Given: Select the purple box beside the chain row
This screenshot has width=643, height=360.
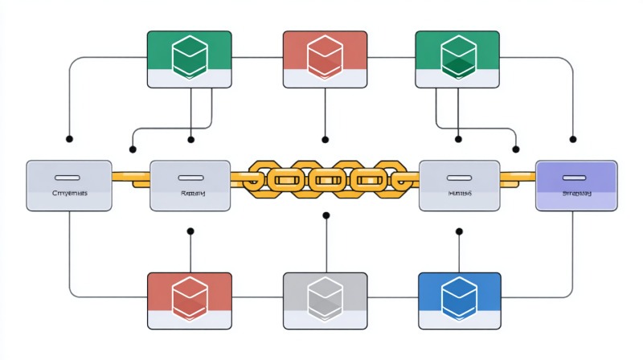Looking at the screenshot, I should [x=576, y=185].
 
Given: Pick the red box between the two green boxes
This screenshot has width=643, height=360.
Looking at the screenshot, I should [x=325, y=59].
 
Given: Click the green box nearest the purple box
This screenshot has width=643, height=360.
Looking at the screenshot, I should [x=457, y=59].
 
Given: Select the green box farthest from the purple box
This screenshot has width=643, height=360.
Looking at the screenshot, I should [x=190, y=59].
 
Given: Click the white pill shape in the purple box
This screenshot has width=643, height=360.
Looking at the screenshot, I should [x=576, y=176].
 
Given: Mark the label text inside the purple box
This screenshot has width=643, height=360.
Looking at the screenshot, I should [x=576, y=194].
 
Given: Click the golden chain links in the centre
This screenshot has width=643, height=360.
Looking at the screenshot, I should [x=325, y=178].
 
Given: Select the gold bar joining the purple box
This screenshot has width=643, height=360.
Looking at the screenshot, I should [x=518, y=175].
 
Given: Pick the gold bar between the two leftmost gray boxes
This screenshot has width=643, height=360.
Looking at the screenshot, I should [x=131, y=176].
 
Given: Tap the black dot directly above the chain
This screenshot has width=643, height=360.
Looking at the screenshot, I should [x=325, y=139].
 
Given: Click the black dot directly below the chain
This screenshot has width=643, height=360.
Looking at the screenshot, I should [x=325, y=215].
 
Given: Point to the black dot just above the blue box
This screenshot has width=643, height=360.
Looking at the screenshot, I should [x=460, y=231].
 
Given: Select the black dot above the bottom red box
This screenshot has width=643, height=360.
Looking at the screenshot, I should [x=190, y=231].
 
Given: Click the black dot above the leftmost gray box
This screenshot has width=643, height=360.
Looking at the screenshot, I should [x=69, y=139].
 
